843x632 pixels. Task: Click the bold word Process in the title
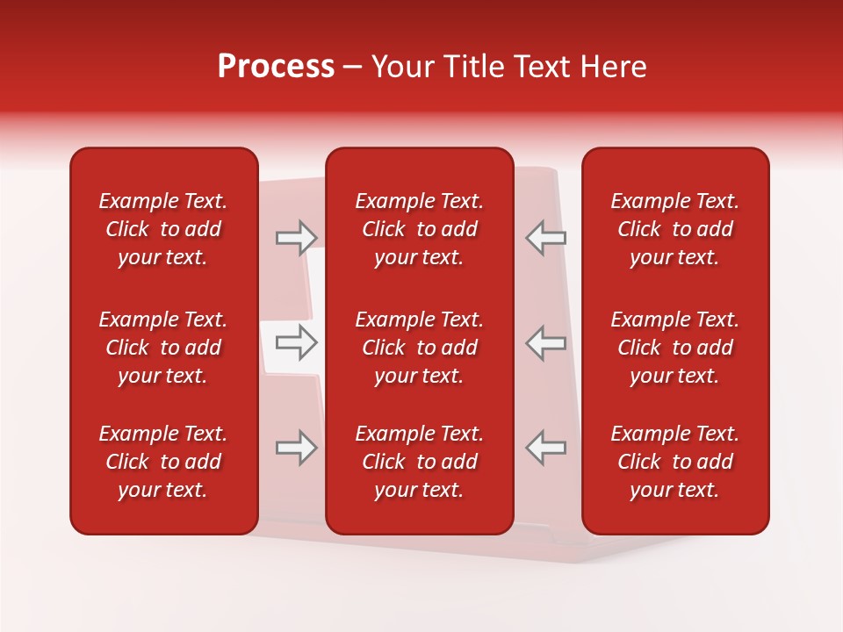pos(276,67)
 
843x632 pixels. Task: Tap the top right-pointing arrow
pos(297,238)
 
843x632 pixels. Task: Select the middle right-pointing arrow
pos(297,342)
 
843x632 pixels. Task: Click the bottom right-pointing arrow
pos(297,448)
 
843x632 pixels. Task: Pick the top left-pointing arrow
pos(546,238)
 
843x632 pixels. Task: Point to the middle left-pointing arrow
pos(546,342)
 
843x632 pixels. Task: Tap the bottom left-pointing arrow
pos(546,448)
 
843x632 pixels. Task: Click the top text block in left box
pos(163,229)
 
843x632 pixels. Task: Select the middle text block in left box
pos(163,348)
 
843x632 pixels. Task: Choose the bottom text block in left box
pos(163,462)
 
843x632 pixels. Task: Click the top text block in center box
pos(420,229)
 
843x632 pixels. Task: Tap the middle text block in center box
pos(420,348)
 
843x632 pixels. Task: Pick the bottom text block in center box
pos(420,462)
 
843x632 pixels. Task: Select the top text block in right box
pos(675,229)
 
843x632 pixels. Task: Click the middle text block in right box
pos(675,348)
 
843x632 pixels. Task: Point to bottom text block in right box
pos(675,462)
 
